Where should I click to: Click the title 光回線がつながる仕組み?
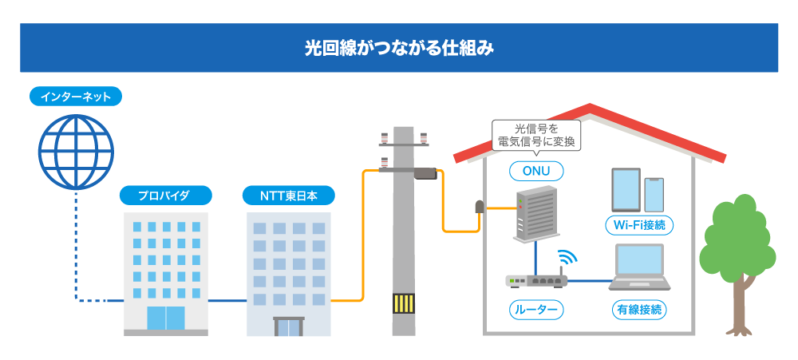399,48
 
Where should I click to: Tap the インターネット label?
76,97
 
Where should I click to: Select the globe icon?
77,152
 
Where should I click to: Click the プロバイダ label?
165,195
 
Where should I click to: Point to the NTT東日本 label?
288,195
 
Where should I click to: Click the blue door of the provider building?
165,318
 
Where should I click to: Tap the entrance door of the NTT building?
288,326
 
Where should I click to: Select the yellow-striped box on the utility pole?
404,305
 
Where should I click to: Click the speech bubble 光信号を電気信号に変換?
536,134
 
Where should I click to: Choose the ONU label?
536,171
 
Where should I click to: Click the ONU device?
533,213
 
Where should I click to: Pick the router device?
535,280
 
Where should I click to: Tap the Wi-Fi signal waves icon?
568,259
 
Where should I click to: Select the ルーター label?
536,309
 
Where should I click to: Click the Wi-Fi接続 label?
638,225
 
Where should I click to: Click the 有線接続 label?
638,309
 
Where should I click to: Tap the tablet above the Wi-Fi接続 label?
626,188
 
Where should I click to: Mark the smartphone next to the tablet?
654,194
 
